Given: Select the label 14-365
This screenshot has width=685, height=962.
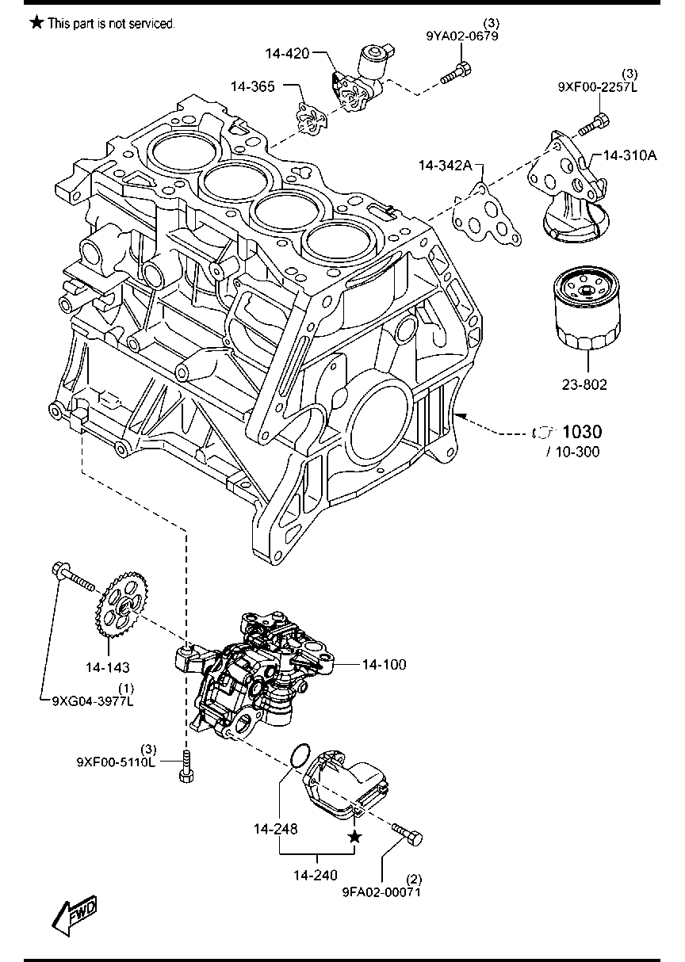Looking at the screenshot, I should click(x=254, y=86).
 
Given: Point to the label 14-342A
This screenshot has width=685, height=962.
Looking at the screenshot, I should click(x=446, y=166).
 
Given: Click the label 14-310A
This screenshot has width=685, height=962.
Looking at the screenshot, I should click(x=630, y=155).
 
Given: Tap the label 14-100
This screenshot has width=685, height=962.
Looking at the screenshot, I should click(x=384, y=665).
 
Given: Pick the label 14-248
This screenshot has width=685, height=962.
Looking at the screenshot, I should click(x=276, y=830).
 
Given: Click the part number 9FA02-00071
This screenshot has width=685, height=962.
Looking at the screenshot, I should click(x=381, y=891).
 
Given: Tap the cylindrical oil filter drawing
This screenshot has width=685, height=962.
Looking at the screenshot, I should click(x=587, y=312).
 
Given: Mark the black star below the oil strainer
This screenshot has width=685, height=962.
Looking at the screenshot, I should click(x=354, y=837).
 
